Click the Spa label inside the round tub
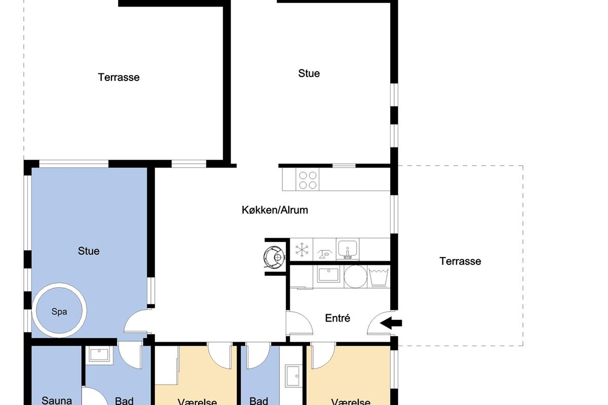59,312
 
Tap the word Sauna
57,400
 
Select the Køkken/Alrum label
275,210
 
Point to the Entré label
337,318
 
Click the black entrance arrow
391,323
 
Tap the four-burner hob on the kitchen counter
308,180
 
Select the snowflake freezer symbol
302,250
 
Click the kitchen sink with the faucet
348,249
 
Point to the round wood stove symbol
274,257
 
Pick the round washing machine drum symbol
355,276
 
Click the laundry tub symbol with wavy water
378,277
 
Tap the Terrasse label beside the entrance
460,261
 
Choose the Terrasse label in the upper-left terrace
119,77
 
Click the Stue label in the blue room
89,251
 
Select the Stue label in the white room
309,73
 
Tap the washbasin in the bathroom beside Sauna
99,355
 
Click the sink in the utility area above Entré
328,274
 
